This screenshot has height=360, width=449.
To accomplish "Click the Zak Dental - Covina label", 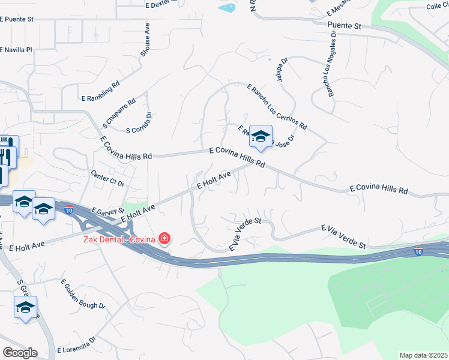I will click(119, 239).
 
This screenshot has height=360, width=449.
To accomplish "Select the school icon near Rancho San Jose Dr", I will click(261, 137).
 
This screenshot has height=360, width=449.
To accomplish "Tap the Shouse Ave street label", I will click(144, 40).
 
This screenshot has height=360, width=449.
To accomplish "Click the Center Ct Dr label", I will click(107, 178).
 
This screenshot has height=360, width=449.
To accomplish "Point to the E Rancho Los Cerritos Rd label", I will click(277, 107).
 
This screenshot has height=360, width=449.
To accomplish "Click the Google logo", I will click(19, 352).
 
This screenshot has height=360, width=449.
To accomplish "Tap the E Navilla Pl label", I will click(16, 49).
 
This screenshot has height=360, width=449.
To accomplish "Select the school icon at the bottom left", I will click(25, 308).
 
